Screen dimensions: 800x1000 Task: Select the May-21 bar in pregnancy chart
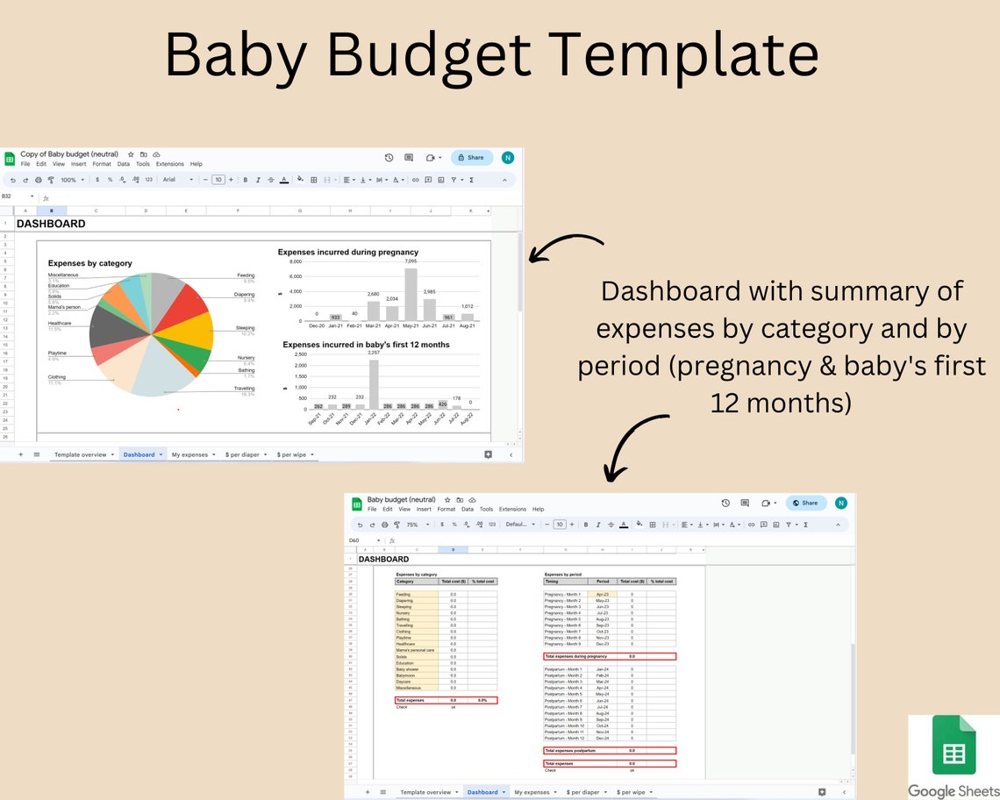coord(411,295)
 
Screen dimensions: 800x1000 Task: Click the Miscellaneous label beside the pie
coord(63,275)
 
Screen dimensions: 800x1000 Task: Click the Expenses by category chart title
coord(89,263)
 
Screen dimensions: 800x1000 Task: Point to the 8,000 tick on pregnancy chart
coord(296,261)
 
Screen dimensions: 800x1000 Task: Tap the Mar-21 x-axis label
coord(373,325)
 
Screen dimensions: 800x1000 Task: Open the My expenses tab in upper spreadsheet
coord(189,454)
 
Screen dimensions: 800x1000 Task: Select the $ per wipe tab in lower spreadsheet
coord(632,792)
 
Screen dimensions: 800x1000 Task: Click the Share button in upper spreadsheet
coord(472,158)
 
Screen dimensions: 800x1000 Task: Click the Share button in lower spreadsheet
coord(805,503)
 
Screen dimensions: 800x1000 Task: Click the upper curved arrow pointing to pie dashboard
coord(565,247)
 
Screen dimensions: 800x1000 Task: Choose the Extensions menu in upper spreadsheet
coord(170,164)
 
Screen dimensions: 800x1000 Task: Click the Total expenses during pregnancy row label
coord(575,656)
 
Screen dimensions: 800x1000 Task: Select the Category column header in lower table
coord(405,581)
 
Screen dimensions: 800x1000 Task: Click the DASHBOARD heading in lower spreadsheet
coord(383,559)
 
